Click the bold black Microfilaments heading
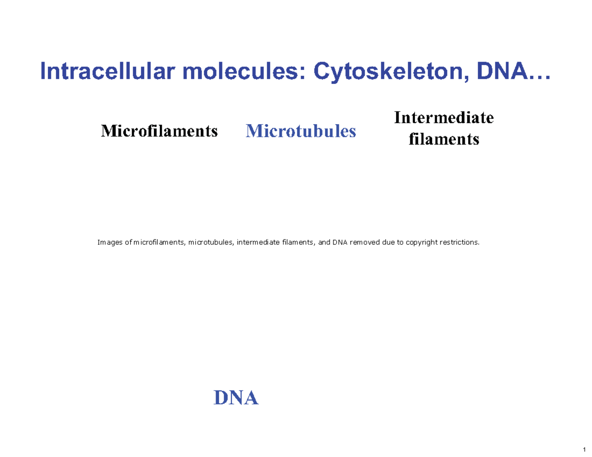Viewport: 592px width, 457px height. click(x=159, y=131)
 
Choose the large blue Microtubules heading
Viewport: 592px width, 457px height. click(x=300, y=131)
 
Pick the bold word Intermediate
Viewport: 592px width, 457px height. click(x=444, y=118)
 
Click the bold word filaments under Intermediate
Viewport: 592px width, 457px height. click(x=444, y=140)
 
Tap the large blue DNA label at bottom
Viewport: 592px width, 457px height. click(x=235, y=397)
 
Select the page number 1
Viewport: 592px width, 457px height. click(x=584, y=449)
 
